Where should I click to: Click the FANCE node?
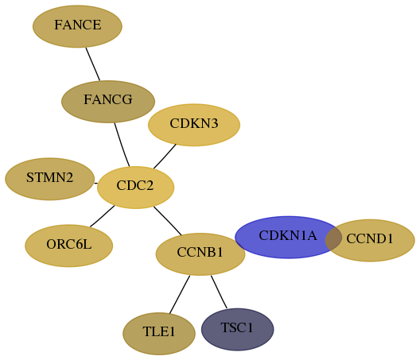pos(77,26)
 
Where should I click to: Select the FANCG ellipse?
pos(108,102)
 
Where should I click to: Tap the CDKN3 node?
pos(194,125)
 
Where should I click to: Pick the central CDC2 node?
pos(135,188)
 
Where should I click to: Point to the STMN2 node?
pos(50,179)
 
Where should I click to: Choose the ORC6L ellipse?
pos(69,246)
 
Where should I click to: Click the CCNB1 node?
pos(200,254)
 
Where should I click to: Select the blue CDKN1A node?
pos(288,237)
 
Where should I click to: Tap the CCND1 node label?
pos(370,238)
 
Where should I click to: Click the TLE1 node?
pos(159,334)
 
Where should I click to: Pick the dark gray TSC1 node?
pos(238,329)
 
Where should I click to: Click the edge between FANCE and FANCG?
pos(93,64)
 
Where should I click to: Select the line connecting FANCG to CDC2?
pos(122,145)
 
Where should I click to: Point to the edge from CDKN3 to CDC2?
pos(165,157)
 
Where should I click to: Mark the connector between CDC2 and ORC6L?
pos(102,216)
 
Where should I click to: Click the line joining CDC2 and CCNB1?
pos(168,221)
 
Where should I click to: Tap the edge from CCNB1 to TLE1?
pos(180,294)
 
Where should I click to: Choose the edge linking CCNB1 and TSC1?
pos(219,292)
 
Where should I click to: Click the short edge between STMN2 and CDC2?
pos(96,184)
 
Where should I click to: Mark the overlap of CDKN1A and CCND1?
pos(334,238)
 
